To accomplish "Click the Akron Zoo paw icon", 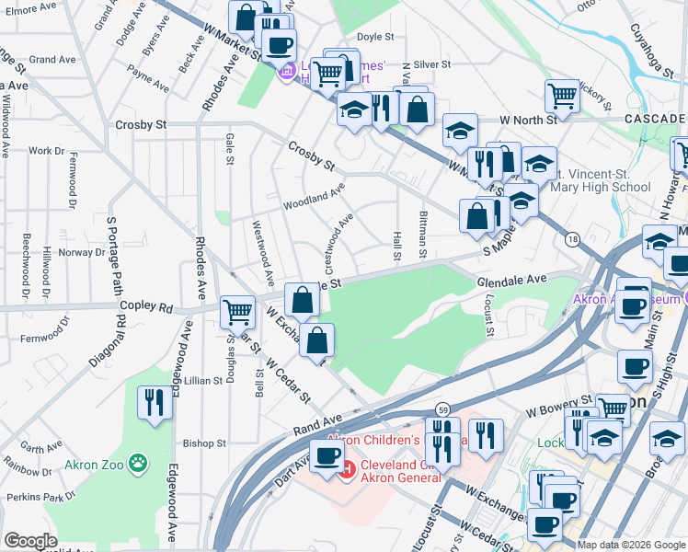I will click(x=138, y=461).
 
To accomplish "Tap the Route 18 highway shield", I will click(x=572, y=238).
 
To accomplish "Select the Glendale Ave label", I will click(x=511, y=279).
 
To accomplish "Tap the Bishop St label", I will click(x=203, y=443).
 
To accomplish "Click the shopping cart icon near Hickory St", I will click(x=561, y=95).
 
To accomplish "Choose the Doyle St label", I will click(x=374, y=38).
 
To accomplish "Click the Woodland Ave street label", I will click(x=313, y=196).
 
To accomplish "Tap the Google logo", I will click(x=30, y=541).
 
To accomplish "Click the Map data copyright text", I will click(x=630, y=545).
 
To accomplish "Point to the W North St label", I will click(x=529, y=120).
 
